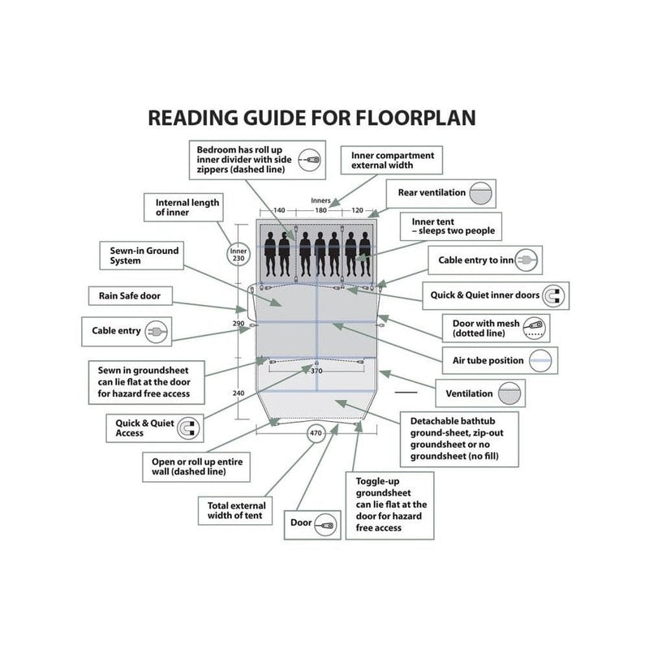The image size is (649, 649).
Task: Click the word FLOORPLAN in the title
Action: (x=415, y=118)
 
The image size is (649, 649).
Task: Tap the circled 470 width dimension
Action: (x=316, y=433)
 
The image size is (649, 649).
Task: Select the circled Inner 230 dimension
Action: (x=239, y=255)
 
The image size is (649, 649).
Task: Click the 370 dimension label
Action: (x=316, y=371)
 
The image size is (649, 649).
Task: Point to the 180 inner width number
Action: (x=320, y=210)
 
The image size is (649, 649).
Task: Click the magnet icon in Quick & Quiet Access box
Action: (x=188, y=428)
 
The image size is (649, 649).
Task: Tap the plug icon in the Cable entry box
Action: (x=156, y=332)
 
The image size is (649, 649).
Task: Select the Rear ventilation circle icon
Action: (x=480, y=193)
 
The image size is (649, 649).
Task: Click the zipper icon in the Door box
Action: (x=326, y=525)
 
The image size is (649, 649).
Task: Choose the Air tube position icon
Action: (x=540, y=360)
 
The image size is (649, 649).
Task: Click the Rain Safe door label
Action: (x=130, y=296)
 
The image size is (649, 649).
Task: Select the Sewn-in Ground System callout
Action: (x=141, y=256)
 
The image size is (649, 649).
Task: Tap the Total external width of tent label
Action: (x=236, y=511)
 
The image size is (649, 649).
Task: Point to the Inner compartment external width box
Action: (x=392, y=160)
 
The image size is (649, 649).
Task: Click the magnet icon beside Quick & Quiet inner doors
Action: (x=553, y=296)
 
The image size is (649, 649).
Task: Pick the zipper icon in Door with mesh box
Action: (x=534, y=329)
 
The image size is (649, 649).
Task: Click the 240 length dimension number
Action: (x=239, y=393)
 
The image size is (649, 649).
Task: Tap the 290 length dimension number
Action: (x=239, y=323)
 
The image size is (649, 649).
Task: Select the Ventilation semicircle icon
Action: (x=509, y=393)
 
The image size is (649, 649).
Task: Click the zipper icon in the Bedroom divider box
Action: (x=310, y=160)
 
